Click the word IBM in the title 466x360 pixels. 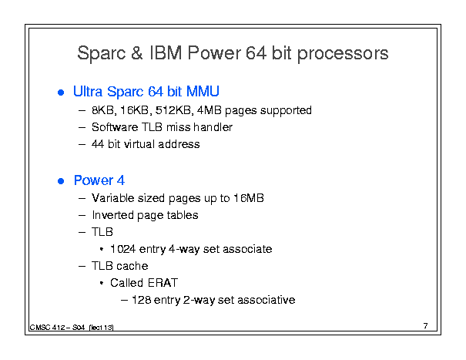click(x=166, y=53)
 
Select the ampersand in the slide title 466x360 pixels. click(x=137, y=53)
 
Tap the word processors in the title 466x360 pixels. click(x=343, y=54)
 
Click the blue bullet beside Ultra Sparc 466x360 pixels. click(x=61, y=93)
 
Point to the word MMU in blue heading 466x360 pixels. click(x=203, y=91)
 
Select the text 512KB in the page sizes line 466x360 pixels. click(x=174, y=110)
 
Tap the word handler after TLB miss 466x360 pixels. click(x=213, y=127)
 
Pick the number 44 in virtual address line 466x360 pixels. click(x=98, y=144)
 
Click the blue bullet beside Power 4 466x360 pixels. click(x=61, y=181)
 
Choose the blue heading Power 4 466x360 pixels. click(x=99, y=180)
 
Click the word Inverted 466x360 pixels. click(x=113, y=215)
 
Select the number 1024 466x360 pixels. click(x=122, y=249)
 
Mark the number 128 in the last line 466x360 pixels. click(x=141, y=300)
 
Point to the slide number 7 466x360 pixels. click(x=426, y=326)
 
